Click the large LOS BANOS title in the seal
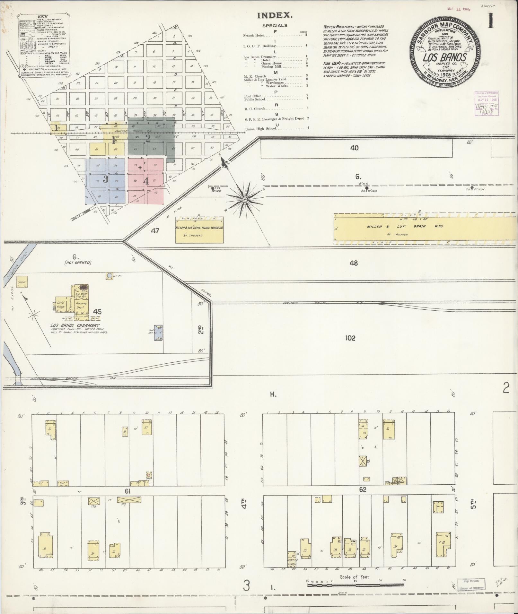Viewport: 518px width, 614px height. tap(444, 58)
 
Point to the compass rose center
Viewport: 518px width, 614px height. tap(245, 200)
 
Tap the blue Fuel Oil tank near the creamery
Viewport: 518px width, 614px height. tap(158, 333)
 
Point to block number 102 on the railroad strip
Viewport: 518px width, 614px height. tap(350, 338)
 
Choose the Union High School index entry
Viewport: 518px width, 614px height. tap(260, 129)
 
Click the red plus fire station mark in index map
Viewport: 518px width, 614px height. tap(140, 168)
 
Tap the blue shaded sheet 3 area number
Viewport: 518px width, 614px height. tap(105, 179)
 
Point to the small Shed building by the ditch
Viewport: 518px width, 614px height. tap(22, 282)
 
